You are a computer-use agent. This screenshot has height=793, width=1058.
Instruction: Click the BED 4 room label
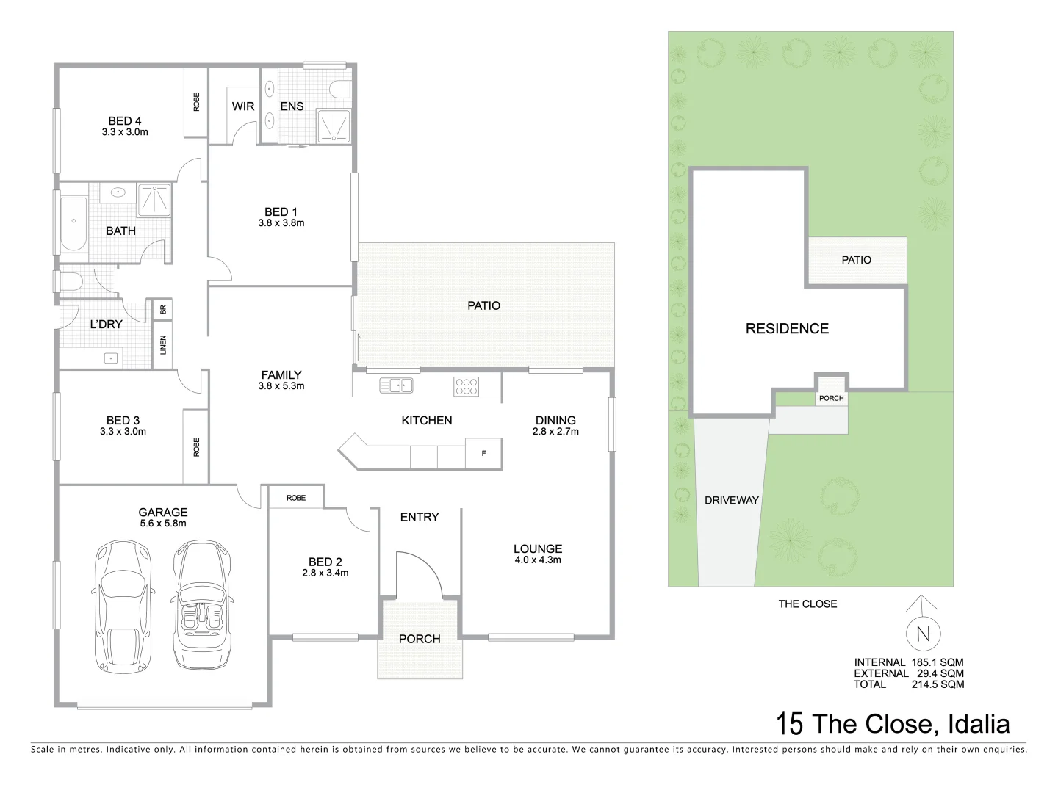click(125, 121)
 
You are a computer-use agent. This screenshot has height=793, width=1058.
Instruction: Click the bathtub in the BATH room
click(72, 223)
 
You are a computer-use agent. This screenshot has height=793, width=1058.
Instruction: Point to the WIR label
click(243, 106)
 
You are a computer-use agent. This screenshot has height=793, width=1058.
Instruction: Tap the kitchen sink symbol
click(396, 385)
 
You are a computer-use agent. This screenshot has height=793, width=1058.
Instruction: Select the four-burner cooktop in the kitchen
click(467, 385)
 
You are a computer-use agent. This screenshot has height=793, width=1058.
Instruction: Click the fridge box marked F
click(483, 454)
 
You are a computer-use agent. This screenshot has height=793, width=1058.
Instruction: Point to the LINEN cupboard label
click(163, 344)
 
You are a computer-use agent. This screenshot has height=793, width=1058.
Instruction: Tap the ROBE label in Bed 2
click(296, 498)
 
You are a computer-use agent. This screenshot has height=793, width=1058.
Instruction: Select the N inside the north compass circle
click(924, 633)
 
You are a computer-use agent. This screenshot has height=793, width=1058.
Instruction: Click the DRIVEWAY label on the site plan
click(731, 500)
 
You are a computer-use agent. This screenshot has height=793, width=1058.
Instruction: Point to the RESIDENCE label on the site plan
click(787, 329)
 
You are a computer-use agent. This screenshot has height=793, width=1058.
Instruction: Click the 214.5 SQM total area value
click(939, 684)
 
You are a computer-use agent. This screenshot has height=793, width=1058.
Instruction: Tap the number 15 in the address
click(790, 724)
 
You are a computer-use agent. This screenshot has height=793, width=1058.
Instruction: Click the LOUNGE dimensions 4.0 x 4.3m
click(538, 560)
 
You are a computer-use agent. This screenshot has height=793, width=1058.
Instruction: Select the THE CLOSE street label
click(807, 604)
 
